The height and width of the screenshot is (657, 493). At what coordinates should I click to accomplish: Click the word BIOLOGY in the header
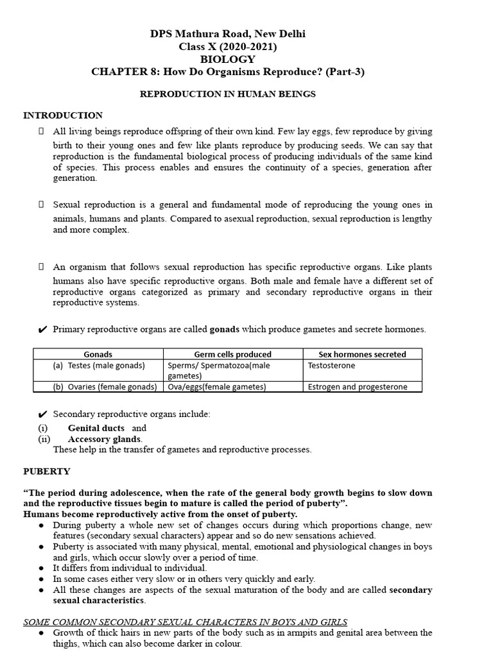point(228,59)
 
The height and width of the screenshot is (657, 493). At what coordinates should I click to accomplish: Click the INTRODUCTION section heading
point(63,115)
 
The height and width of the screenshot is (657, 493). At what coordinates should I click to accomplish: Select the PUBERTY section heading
point(47,471)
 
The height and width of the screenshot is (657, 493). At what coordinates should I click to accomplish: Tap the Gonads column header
point(98,354)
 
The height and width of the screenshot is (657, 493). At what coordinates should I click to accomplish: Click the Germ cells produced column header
point(232,354)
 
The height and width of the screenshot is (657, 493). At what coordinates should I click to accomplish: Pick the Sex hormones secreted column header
point(362,354)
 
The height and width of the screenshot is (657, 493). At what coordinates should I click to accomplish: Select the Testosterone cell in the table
point(331,366)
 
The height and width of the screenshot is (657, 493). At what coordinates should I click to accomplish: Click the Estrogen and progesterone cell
point(356,387)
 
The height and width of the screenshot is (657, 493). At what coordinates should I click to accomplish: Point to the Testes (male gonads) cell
point(99,366)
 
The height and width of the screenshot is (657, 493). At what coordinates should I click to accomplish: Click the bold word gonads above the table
point(225,329)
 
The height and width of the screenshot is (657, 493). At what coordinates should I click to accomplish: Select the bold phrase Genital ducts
point(96,428)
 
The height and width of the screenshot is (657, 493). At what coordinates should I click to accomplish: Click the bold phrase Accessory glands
point(104,439)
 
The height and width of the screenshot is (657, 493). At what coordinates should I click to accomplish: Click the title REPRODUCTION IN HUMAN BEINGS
point(228,94)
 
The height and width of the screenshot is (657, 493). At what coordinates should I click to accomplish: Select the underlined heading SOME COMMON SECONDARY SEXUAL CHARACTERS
point(186,622)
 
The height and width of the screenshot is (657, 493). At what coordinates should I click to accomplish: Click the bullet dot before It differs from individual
point(41,568)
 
